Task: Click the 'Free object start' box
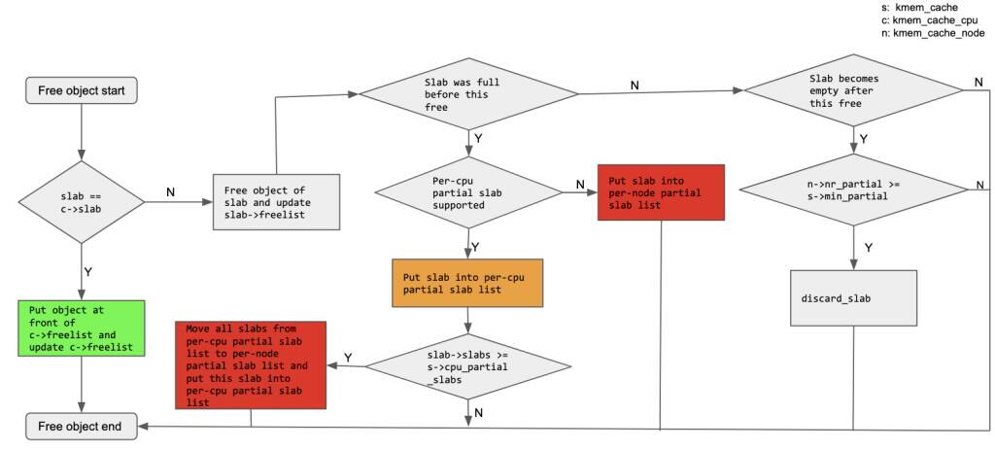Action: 81,90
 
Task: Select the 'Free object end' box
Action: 81,426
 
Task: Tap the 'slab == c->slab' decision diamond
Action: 81,203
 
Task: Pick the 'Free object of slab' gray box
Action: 276,202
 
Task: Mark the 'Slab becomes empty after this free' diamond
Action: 853,91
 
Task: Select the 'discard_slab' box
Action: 853,297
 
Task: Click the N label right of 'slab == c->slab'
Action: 171,192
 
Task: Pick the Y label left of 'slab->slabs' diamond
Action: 348,357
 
